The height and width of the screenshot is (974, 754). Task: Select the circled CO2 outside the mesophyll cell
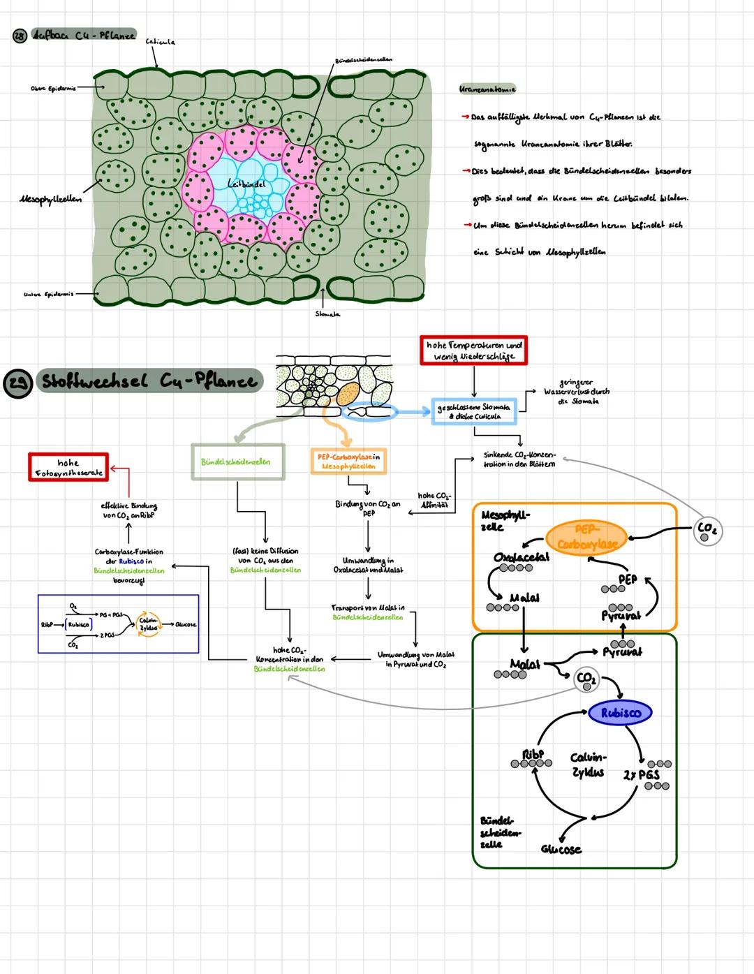707,531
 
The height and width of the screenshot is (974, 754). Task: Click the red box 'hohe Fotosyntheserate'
68,467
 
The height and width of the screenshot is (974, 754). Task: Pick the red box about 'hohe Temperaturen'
473,351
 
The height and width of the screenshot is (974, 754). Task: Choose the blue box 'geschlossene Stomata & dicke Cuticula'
473,411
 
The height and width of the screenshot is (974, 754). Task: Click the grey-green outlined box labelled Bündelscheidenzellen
237,462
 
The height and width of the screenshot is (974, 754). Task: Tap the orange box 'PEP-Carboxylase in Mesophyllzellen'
348,461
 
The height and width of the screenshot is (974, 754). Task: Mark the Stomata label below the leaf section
327,314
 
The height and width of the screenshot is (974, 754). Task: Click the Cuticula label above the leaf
160,43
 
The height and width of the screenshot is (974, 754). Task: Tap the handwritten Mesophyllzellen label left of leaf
50,199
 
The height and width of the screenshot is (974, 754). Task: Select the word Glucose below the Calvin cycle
561,849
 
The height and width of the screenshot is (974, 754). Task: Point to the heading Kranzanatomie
487,89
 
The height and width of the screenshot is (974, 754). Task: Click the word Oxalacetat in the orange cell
521,556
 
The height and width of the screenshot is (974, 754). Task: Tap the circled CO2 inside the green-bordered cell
586,679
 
